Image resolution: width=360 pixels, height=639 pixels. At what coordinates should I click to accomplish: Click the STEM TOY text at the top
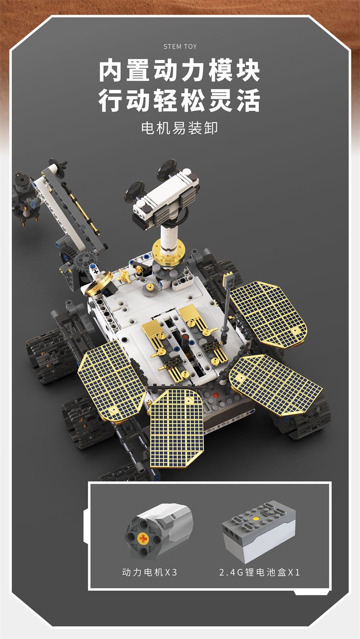[x=180, y=46]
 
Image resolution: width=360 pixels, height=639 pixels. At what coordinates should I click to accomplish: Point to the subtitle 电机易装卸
[x=180, y=128]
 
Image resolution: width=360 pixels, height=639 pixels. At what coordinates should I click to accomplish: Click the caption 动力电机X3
[x=149, y=572]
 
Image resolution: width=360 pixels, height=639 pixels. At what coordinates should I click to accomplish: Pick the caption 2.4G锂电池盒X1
[x=260, y=572]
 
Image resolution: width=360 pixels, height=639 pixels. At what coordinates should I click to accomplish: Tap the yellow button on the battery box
[x=256, y=518]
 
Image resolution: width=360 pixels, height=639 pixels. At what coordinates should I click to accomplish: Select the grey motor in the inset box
[x=159, y=530]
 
